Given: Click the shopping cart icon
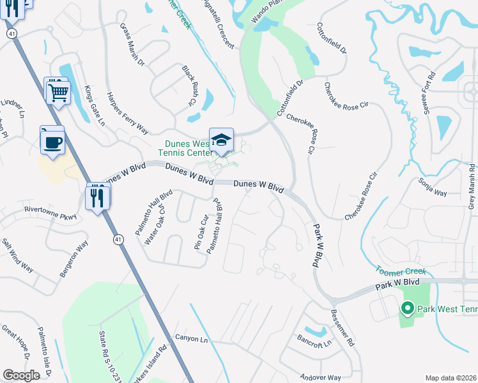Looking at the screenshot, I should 58,93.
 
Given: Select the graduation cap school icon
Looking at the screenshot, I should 221,141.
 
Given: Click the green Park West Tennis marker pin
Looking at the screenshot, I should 407,309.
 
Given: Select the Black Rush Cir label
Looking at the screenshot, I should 189,86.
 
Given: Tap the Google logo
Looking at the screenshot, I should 21,375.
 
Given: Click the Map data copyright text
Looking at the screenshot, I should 451,378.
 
